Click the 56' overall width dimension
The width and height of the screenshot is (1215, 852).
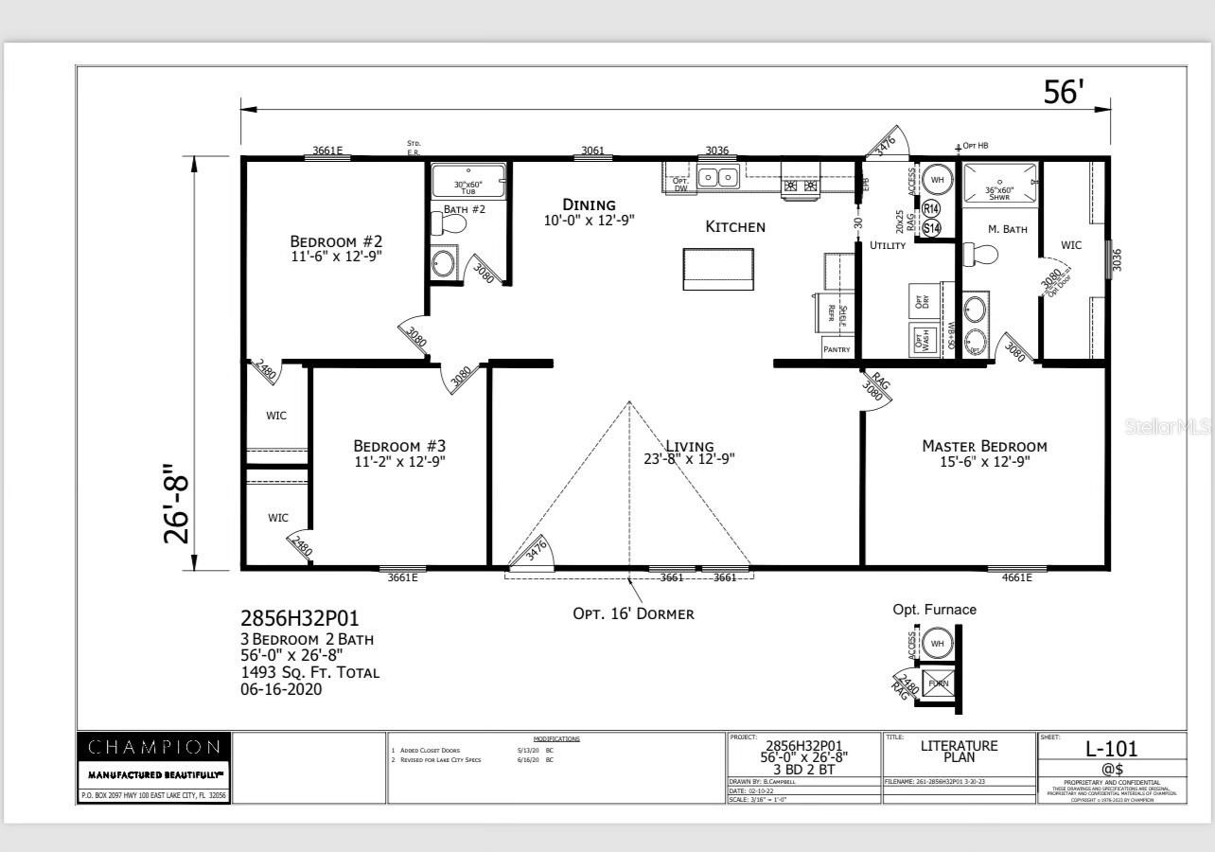1063,91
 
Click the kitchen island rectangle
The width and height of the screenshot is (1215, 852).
718,269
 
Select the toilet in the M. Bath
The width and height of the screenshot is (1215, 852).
981,255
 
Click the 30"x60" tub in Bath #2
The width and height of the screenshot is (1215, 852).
468,181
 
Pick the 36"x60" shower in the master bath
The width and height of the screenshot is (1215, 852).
998,184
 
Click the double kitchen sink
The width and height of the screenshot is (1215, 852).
718,177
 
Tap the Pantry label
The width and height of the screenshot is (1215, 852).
836,349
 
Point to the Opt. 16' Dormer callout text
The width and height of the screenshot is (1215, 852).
633,613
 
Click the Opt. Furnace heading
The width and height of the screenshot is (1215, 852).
934,610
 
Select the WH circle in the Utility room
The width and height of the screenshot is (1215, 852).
938,179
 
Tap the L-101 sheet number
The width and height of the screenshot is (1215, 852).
1111,749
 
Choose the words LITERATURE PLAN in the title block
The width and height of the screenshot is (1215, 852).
959,751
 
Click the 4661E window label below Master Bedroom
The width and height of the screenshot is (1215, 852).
1016,577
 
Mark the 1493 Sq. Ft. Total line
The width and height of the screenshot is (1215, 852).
309,672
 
